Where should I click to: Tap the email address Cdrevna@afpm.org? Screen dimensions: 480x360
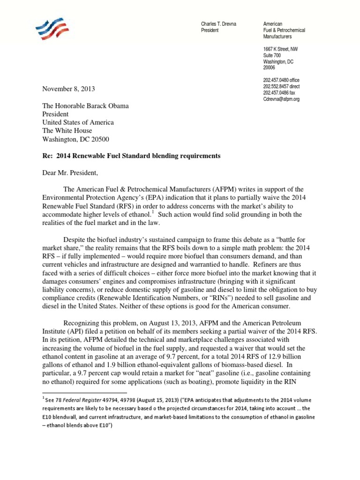coord(281,99)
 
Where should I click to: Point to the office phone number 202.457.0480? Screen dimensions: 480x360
coord(281,80)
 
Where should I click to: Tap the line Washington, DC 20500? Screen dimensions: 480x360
coord(77,139)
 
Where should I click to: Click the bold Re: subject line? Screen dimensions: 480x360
coord(131,155)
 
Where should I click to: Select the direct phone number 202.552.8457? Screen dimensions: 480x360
coord(281,87)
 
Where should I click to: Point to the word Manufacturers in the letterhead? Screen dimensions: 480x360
coord(277,37)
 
